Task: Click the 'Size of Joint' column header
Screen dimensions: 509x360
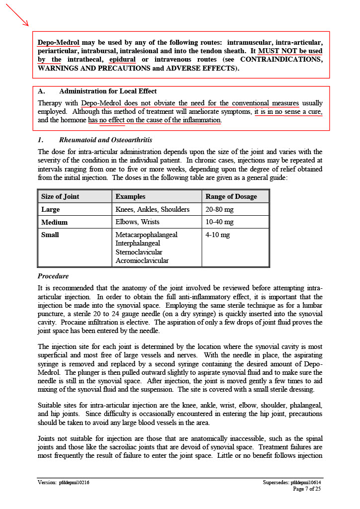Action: click(60, 196)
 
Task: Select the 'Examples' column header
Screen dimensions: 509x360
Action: click(130, 196)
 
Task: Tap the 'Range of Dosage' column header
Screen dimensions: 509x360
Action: click(231, 196)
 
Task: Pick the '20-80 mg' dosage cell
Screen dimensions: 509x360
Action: click(219, 209)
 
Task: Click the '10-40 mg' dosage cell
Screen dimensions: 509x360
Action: click(219, 222)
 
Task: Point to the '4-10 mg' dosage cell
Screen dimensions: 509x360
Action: click(218, 235)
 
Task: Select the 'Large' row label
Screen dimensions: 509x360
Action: click(51, 209)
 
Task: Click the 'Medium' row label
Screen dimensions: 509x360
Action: click(54, 222)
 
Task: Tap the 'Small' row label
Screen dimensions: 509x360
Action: click(50, 235)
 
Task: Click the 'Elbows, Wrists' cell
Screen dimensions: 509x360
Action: click(137, 222)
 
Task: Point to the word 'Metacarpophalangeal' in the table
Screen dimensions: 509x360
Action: click(146, 235)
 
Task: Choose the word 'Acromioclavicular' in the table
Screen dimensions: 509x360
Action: click(142, 260)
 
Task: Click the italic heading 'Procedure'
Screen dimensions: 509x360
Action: click(53, 276)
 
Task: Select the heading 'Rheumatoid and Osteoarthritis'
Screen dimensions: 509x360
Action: click(105, 140)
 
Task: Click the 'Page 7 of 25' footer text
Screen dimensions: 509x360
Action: click(307, 489)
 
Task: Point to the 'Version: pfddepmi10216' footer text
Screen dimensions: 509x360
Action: click(64, 482)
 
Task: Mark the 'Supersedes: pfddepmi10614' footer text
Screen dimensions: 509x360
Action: click(292, 482)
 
